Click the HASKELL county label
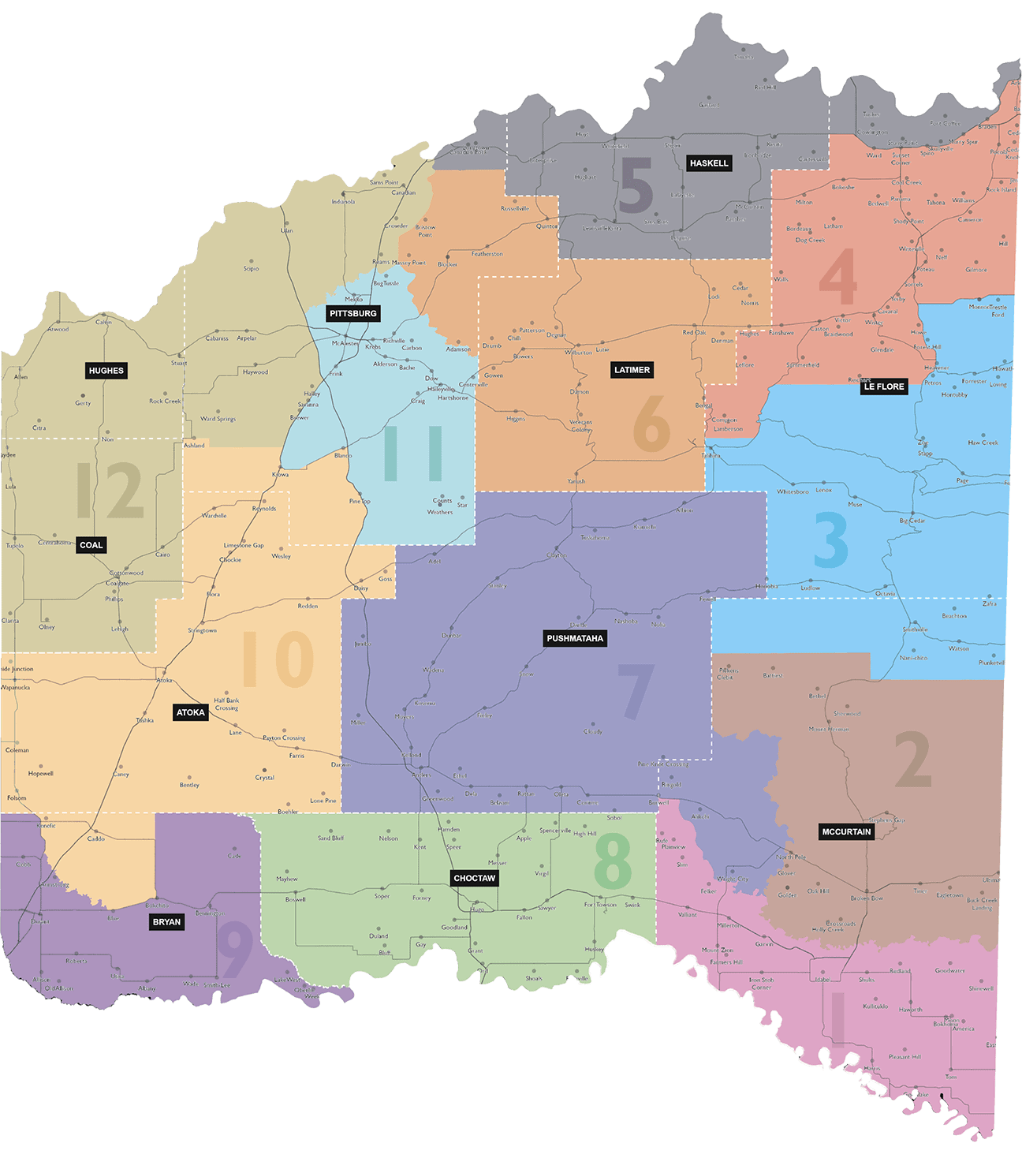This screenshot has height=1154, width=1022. tap(709, 163)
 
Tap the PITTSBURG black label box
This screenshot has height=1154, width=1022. tap(353, 313)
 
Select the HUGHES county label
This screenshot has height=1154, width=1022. tap(106, 371)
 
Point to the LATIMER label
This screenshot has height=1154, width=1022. tap(632, 370)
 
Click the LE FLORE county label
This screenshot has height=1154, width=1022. tap(884, 387)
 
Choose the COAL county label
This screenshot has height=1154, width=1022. tap(91, 545)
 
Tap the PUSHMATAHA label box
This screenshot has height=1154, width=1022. tap(575, 638)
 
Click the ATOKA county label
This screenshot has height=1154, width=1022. tap(191, 712)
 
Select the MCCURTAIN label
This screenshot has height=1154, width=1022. tap(847, 831)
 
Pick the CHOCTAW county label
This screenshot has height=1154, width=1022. tap(475, 878)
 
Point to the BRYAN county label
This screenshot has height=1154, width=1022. tap(167, 922)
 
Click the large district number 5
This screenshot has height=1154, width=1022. tap(636, 186)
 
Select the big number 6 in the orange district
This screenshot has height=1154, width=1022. tap(652, 424)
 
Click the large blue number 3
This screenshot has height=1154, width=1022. tap(831, 540)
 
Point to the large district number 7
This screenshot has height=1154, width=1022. tap(636, 691)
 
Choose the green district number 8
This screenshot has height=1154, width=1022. tap(613, 862)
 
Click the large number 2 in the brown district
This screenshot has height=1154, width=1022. tap(913, 760)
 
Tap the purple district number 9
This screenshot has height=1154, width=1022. tap(235, 950)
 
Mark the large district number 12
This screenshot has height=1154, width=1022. tap(110, 491)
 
